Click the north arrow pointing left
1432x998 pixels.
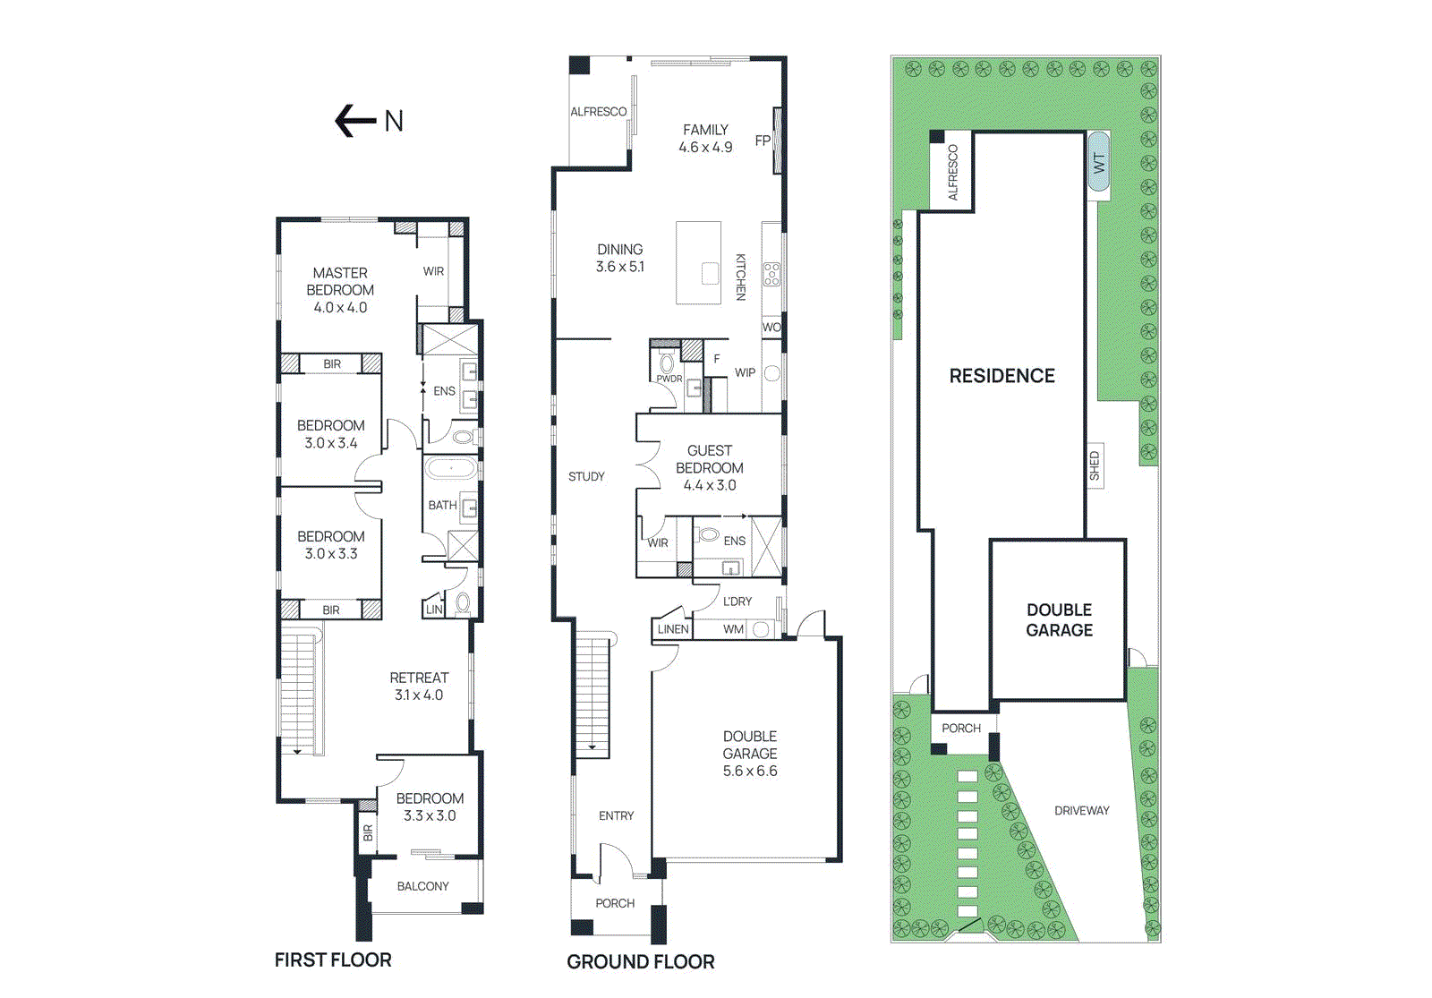pos(355,121)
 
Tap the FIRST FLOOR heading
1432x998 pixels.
pos(333,960)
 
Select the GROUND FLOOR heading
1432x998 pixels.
pos(641,961)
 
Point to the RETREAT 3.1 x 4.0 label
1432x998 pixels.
pos(419,686)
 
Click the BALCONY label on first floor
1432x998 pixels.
pos(422,886)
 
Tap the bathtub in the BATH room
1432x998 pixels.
pos(451,468)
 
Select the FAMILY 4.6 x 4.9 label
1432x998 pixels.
pos(705,138)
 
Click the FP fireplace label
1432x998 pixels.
pos(763,141)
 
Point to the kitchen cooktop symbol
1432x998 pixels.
pos(771,275)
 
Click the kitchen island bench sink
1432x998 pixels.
pos(710,273)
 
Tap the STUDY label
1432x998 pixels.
pos(586,476)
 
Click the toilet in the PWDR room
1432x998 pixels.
pos(667,363)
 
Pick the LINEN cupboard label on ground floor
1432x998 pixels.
pos(673,629)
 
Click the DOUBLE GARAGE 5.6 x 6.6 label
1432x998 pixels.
pos(750,753)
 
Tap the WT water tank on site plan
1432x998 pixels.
pos(1099,162)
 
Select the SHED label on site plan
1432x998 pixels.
pos(1094,465)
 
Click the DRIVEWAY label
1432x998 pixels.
pos(1081,810)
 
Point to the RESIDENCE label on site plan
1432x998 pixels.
pos(1002,376)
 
